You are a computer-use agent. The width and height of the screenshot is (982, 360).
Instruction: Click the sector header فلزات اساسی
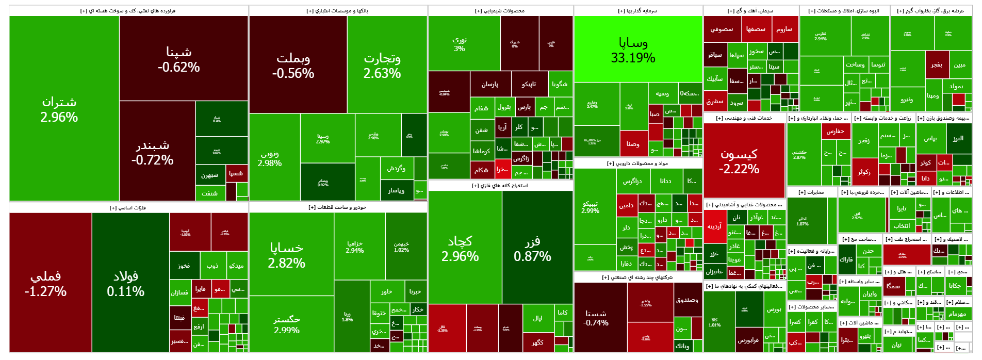click(x=128, y=208)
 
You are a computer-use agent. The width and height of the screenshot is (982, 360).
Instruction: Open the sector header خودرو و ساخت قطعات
click(x=337, y=207)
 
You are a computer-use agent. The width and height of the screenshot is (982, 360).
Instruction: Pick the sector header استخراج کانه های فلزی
click(x=500, y=186)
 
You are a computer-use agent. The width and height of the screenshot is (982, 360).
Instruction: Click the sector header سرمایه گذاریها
click(x=637, y=11)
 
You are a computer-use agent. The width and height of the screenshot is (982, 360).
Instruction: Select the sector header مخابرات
click(x=811, y=192)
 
